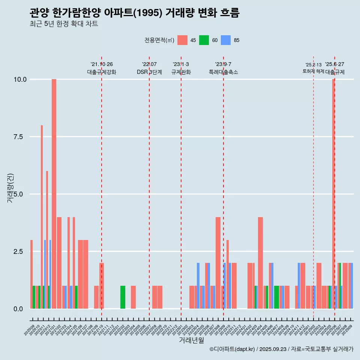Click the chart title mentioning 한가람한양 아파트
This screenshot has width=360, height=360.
point(134,13)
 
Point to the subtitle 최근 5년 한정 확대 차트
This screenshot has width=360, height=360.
point(64,24)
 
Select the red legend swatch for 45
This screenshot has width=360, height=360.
point(182,40)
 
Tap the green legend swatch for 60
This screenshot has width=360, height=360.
point(204,40)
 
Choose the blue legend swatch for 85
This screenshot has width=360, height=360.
point(226,40)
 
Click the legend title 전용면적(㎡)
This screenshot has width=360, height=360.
point(159,40)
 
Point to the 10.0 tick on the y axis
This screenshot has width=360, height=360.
point(20,79)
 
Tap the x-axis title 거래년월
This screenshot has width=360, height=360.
point(191,340)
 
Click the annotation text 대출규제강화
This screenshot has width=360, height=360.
point(102,72)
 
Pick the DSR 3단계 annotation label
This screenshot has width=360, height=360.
point(149,72)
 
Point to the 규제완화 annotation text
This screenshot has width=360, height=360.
point(181,72)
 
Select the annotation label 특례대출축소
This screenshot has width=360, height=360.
point(223,72)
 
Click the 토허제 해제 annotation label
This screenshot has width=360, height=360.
point(313,71)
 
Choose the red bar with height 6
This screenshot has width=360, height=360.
point(47,240)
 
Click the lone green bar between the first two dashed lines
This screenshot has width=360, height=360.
point(123,297)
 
